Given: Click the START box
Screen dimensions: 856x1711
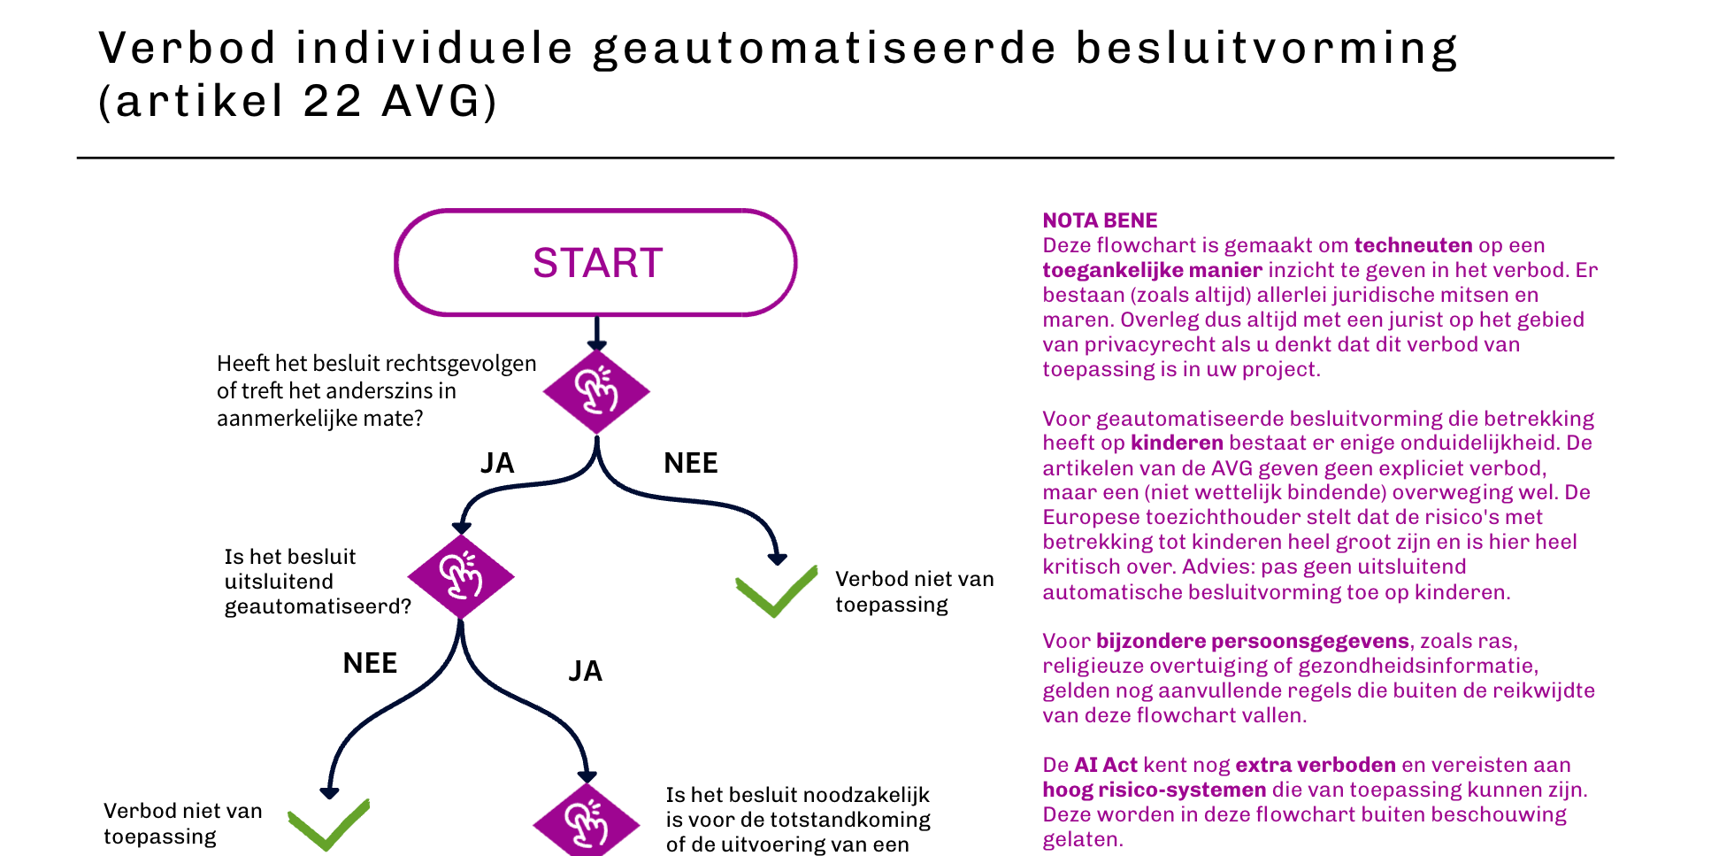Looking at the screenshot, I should click(x=595, y=263).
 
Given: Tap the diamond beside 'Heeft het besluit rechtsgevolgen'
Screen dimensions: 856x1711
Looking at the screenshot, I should click(x=596, y=391).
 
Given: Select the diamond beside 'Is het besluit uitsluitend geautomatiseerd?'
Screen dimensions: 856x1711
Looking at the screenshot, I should click(x=461, y=576).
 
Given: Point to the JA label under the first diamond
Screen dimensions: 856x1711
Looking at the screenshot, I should click(x=497, y=463).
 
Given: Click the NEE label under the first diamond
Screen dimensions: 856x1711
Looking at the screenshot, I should click(x=691, y=463).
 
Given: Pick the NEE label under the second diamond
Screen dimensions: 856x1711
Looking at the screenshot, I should click(x=370, y=663).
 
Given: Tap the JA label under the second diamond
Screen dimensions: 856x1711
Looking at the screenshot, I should click(x=585, y=671).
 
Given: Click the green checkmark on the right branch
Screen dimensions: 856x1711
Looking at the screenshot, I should click(x=776, y=591).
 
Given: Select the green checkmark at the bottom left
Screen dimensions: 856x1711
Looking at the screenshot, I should click(x=328, y=824).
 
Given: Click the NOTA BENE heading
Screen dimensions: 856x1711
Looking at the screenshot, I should click(x=1100, y=220).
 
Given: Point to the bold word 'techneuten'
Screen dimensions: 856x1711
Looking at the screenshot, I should click(x=1413, y=245).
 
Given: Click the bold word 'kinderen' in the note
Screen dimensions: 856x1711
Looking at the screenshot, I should click(x=1177, y=443).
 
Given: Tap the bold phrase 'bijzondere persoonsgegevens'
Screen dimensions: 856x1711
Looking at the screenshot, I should click(x=1252, y=641).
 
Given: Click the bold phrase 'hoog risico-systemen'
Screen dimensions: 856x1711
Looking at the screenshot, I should click(x=1154, y=790).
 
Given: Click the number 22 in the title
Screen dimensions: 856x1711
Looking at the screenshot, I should click(x=333, y=101).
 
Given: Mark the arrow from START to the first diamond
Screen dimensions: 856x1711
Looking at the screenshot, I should click(x=597, y=334).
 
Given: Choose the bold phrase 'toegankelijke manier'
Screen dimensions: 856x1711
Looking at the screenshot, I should click(x=1152, y=270).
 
